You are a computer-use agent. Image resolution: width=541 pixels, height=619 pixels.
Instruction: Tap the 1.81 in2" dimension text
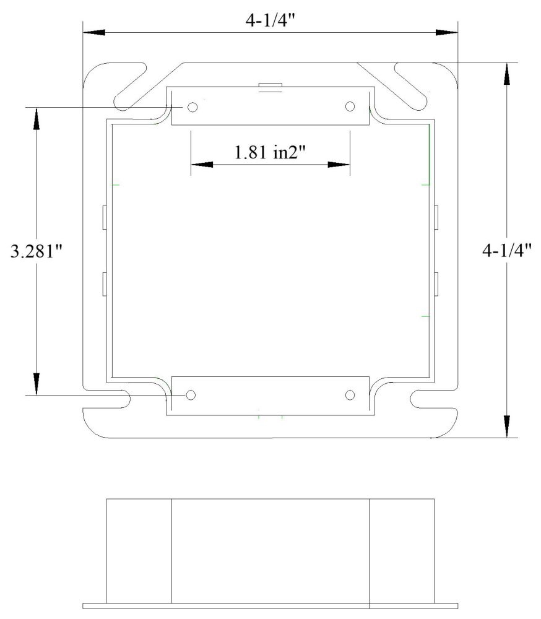[x=270, y=152]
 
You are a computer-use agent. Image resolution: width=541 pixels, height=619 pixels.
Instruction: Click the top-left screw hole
[x=193, y=107]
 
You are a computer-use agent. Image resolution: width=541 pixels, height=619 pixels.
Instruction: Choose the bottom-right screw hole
[x=350, y=395]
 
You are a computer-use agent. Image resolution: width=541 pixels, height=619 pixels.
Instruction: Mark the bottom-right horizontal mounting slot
[x=431, y=399]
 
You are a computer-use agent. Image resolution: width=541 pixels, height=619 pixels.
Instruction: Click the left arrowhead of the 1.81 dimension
[x=200, y=165]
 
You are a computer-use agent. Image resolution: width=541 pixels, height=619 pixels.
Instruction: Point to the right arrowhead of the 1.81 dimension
[x=340, y=165]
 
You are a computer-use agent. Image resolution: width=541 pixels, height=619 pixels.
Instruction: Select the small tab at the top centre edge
[x=270, y=86]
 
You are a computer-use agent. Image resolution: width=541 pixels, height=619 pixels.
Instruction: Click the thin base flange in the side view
[x=270, y=605]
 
